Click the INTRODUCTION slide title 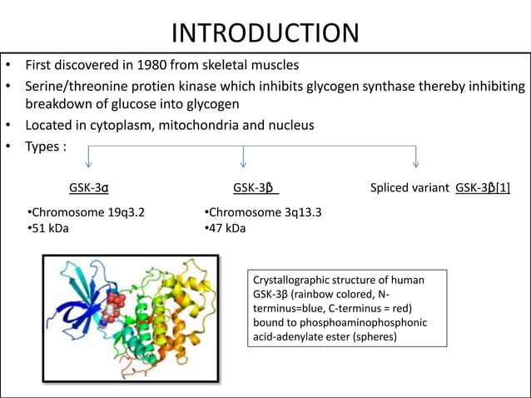point(265,32)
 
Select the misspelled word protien point(152,87)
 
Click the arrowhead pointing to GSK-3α point(88,164)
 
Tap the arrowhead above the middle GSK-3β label point(244,164)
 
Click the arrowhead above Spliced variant point(415,164)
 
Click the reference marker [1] point(503,188)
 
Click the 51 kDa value point(50,228)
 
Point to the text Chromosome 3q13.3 point(265,212)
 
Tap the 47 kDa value point(227,228)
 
